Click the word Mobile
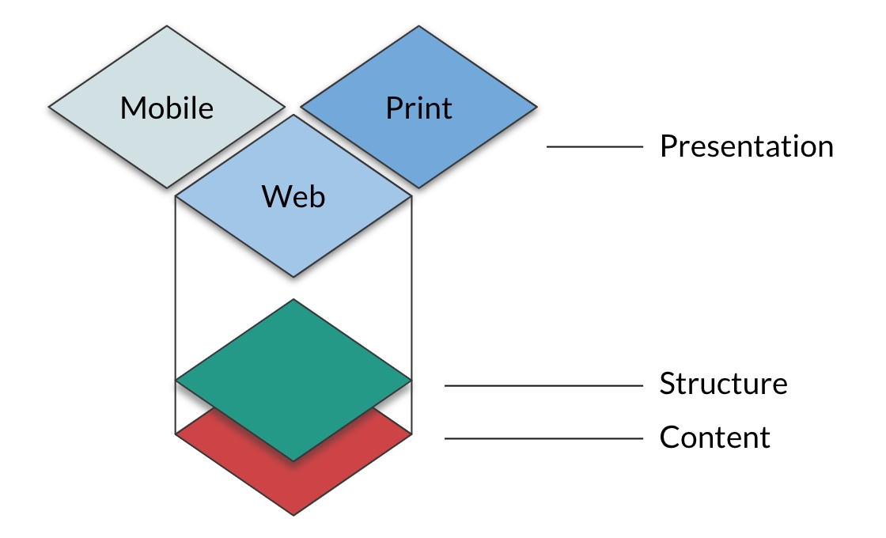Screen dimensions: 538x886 [167, 108]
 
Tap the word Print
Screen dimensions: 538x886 [418, 108]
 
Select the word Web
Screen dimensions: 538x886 [293, 196]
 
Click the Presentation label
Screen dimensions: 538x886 [746, 147]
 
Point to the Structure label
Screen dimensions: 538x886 [723, 385]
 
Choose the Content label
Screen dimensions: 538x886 [714, 438]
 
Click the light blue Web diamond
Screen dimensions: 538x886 [293, 237]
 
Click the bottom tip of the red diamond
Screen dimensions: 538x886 [293, 514]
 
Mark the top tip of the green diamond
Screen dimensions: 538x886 [293, 301]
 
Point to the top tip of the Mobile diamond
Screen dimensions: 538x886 [167, 27]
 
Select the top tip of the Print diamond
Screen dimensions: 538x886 [418, 27]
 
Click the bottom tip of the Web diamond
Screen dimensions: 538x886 [293, 276]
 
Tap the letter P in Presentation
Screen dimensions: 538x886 [667, 147]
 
